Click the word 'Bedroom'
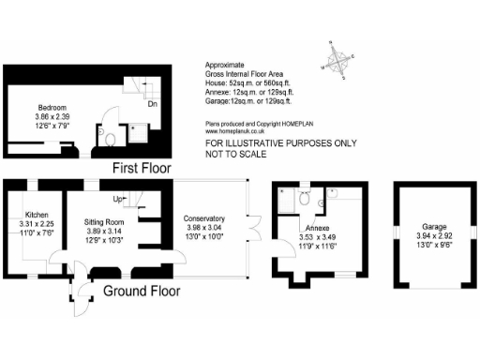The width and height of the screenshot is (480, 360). [52, 107]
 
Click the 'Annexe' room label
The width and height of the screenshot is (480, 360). [316, 228]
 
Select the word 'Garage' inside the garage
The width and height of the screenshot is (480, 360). [434, 226]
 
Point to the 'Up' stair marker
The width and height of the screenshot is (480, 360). [118, 199]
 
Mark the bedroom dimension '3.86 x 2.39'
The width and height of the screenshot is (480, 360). [52, 116]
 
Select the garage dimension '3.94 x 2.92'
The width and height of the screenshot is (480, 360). [433, 235]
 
